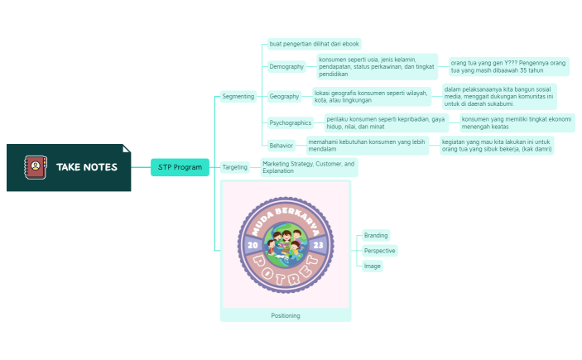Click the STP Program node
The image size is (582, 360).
coord(180,167)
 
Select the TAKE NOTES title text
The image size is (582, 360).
coord(87,167)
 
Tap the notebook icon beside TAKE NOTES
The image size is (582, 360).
coord(36,167)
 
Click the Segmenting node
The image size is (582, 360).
coord(238,96)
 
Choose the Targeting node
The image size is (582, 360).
coord(235,167)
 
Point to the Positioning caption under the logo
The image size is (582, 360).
coord(286,315)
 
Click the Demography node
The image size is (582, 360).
coord(286,66)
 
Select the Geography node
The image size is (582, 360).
coord(284,96)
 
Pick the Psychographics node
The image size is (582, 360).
coord(290,122)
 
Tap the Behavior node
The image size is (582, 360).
coord(281,146)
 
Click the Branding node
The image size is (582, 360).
coord(376,235)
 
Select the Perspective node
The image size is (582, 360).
coord(379,250)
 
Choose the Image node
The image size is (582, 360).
coord(372,266)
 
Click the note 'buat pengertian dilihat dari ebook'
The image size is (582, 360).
coord(314,43)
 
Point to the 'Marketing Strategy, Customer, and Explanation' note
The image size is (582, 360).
coord(309,167)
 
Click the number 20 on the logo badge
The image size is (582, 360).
coord(252,246)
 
